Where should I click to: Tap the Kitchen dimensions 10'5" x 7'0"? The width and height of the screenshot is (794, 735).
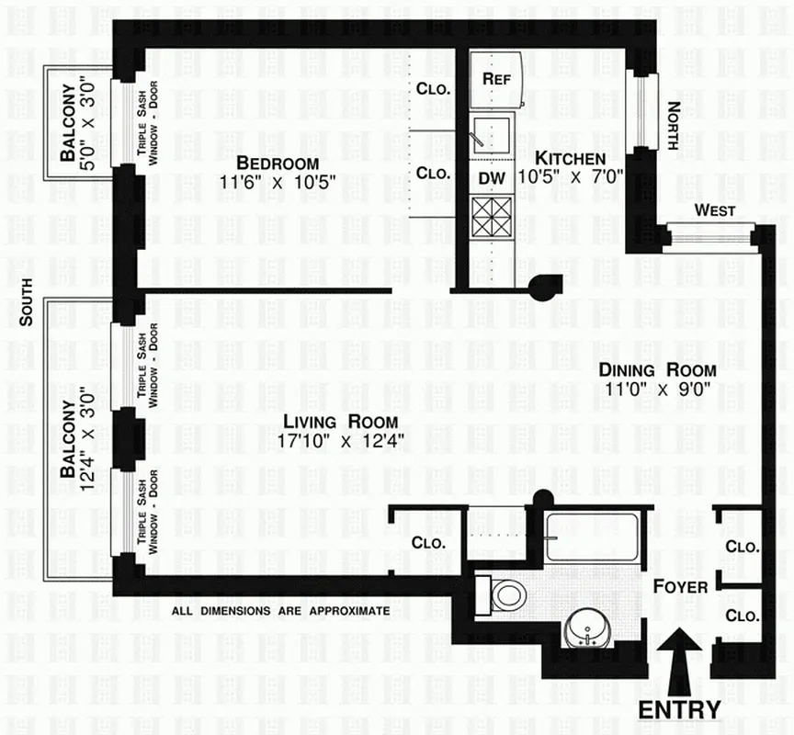(570, 176)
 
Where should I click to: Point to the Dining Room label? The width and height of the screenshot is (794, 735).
(657, 369)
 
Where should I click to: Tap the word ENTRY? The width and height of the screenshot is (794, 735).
(679, 709)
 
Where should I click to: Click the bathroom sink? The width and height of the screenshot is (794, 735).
(585, 629)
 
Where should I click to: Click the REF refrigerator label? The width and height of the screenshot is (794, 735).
(496, 78)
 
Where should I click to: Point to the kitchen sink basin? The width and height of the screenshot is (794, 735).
(493, 135)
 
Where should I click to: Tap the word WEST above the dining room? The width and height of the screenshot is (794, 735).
(714, 210)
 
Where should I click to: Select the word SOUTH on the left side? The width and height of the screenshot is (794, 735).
(27, 302)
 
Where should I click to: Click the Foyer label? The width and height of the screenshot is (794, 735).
(680, 585)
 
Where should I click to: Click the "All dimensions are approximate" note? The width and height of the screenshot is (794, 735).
(280, 611)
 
